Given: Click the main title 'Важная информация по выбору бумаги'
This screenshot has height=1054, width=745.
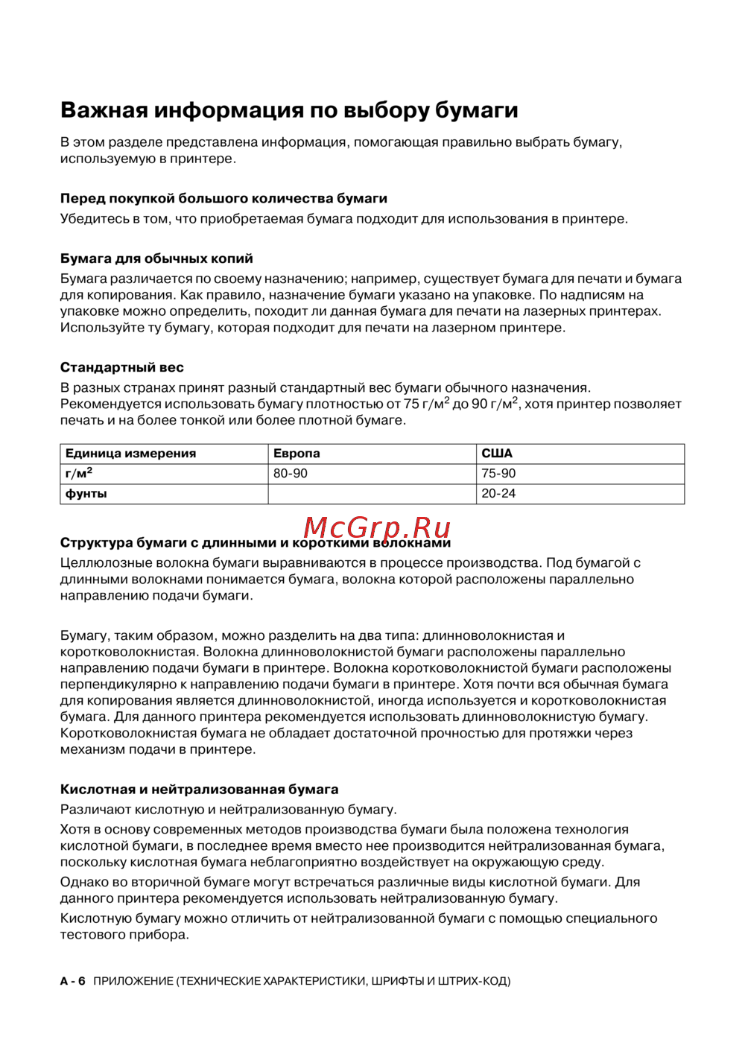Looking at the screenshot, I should [x=289, y=110].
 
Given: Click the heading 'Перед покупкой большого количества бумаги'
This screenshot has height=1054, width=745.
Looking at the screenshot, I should [x=223, y=199].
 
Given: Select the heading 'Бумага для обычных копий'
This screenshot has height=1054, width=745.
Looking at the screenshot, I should [x=156, y=259].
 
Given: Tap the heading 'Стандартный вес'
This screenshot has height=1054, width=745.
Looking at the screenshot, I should [x=121, y=368].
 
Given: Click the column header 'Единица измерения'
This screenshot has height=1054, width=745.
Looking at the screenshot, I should [x=130, y=454].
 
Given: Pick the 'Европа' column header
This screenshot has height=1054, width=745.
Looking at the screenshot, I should [x=297, y=454].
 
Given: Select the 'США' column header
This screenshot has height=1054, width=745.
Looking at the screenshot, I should [x=497, y=454].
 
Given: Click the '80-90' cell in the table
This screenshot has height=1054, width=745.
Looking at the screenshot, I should [x=291, y=474].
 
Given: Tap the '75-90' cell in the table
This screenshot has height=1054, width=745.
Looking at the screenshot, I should [x=498, y=474].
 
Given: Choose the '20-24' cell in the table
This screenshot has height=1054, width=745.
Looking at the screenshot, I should [x=498, y=494].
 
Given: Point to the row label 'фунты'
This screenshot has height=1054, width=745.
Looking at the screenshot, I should [x=86, y=494].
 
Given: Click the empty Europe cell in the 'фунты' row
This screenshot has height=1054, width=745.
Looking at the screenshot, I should [x=372, y=494].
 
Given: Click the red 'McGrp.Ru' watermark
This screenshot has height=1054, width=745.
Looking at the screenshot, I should [x=377, y=527].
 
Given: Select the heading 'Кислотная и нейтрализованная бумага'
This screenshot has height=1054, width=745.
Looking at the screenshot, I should [x=199, y=790].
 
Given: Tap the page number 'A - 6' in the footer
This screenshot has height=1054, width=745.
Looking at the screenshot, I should [x=73, y=982].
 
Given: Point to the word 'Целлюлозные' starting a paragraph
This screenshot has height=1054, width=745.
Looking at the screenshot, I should [x=104, y=563].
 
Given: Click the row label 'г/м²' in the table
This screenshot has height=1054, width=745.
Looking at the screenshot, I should [x=79, y=474].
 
